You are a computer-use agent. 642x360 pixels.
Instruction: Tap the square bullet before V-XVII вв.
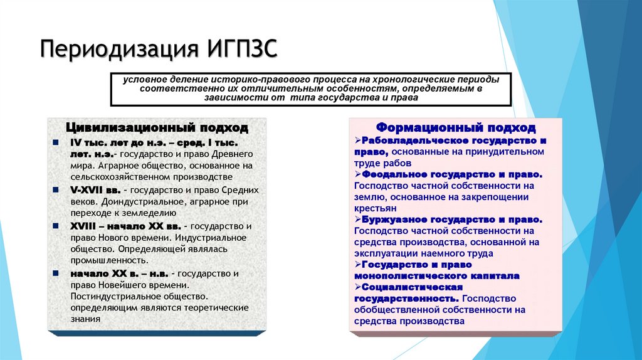(56, 190)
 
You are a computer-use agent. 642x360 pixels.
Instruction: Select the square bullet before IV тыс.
(56, 142)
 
